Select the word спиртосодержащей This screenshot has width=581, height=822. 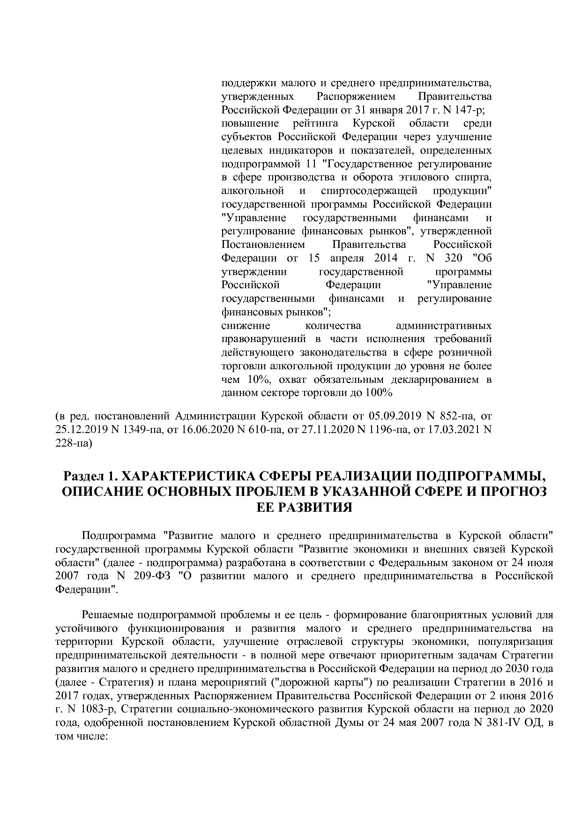(x=369, y=191)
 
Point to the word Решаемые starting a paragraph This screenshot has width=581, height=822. (x=107, y=614)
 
